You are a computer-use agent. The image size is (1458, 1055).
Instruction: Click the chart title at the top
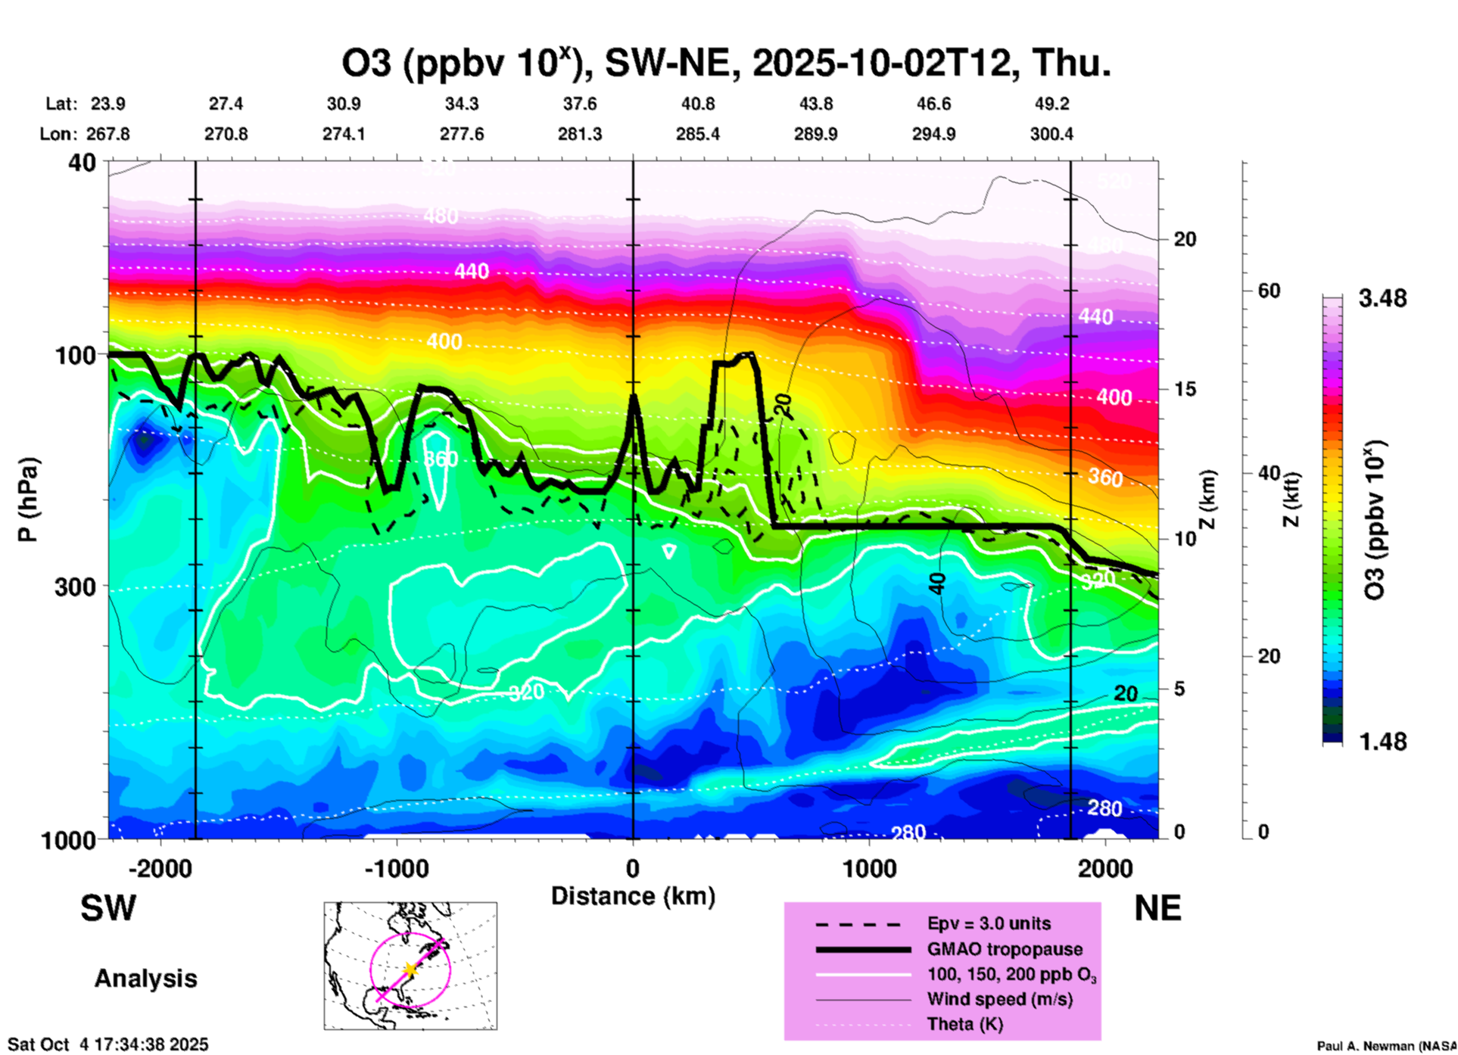pyautogui.click(x=727, y=64)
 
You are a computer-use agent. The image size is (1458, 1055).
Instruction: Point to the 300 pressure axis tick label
pyautogui.click(x=76, y=587)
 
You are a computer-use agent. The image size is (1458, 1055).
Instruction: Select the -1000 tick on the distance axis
pyautogui.click(x=397, y=868)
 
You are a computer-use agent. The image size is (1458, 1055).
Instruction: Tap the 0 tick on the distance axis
pyautogui.click(x=633, y=868)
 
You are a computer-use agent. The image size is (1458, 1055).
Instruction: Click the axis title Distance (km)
pyautogui.click(x=633, y=897)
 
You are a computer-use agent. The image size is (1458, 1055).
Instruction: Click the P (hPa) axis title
pyautogui.click(x=28, y=499)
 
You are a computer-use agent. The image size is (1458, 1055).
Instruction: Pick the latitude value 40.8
pyautogui.click(x=697, y=104)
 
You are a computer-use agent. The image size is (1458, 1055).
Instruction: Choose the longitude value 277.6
pyautogui.click(x=462, y=134)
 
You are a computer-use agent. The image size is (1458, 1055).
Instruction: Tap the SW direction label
pyautogui.click(x=108, y=908)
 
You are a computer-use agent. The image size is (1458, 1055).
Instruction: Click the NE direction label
pyautogui.click(x=1157, y=908)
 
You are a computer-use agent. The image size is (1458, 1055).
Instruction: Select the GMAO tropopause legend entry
pyautogui.click(x=1005, y=949)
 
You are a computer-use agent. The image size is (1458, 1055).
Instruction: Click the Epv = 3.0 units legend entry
pyautogui.click(x=989, y=924)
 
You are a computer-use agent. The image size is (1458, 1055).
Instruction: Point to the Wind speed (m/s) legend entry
pyautogui.click(x=999, y=1000)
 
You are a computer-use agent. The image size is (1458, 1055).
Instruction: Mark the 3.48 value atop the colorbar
pyautogui.click(x=1382, y=299)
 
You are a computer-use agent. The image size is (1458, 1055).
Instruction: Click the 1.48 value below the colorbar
pyautogui.click(x=1382, y=742)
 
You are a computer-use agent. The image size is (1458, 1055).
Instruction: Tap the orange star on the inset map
pyautogui.click(x=410, y=969)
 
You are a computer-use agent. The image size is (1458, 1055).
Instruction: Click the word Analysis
pyautogui.click(x=145, y=979)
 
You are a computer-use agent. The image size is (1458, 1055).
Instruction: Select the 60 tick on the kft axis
pyautogui.click(x=1269, y=291)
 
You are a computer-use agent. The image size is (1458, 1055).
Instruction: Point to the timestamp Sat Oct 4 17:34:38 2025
pyautogui.click(x=107, y=1044)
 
